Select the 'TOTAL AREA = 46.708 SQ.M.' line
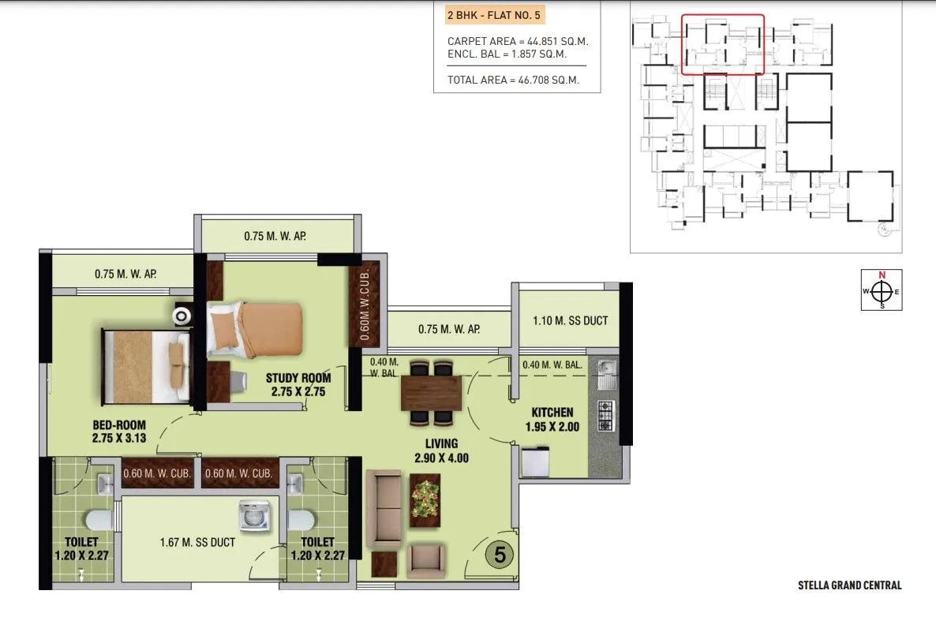coord(513,80)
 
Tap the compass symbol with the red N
coord(882,290)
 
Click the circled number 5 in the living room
coord(500,554)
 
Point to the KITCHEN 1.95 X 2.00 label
coord(552,420)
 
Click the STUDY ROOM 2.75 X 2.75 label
coord(298,384)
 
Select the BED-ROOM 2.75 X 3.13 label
coord(118,431)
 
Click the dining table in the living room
coord(431,393)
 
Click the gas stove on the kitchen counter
coord(605,416)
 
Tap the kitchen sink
coord(605,373)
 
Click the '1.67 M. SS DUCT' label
coord(197,542)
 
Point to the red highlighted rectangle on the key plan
coord(722,44)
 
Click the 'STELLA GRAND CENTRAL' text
coord(849,585)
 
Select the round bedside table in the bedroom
coord(182,316)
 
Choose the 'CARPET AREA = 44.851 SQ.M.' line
coord(518,41)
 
